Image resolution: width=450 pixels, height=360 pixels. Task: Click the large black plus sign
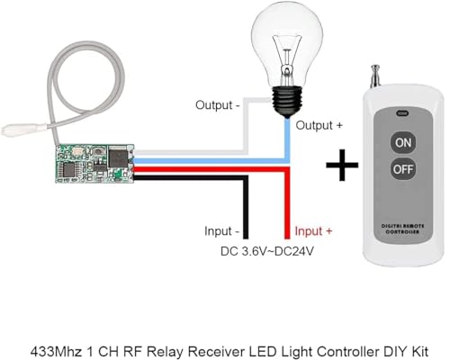340,167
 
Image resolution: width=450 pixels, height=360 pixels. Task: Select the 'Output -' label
219,104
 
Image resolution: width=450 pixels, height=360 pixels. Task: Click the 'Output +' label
321,124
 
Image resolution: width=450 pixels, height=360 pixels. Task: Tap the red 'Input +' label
314,231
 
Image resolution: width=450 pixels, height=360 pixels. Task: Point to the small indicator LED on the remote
400,114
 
